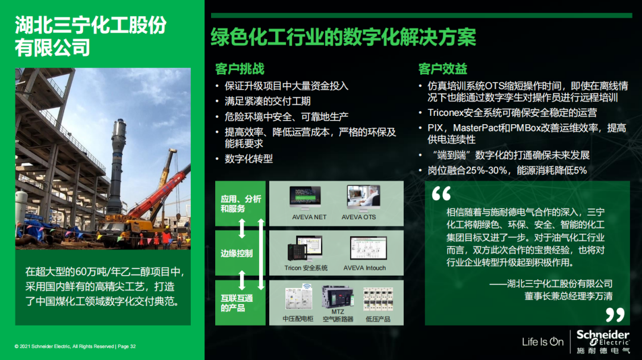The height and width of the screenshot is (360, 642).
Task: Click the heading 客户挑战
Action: [x=240, y=69]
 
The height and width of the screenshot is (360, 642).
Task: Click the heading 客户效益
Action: [x=443, y=69]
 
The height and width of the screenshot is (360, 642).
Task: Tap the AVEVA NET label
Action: [x=309, y=217]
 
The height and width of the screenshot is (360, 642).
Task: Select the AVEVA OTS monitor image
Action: [x=363, y=198]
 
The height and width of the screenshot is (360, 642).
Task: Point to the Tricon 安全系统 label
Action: [x=306, y=268]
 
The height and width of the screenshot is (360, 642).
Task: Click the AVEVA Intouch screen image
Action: [x=368, y=248]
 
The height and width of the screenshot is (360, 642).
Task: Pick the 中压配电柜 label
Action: [x=298, y=318]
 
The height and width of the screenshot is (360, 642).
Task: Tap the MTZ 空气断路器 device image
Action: [x=338, y=296]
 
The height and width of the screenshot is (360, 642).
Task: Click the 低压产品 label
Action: [x=377, y=318]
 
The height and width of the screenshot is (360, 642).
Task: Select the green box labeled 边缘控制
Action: [x=240, y=253]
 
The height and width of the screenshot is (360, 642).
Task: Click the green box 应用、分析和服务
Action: [x=240, y=203]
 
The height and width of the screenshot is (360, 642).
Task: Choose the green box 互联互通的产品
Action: [x=240, y=303]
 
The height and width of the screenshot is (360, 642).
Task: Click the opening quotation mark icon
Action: [x=441, y=194]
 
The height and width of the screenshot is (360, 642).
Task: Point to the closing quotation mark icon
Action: [x=615, y=315]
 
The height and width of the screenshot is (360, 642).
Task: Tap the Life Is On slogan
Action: [x=543, y=342]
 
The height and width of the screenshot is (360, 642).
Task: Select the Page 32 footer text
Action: [x=127, y=346]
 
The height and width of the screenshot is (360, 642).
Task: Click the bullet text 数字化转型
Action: [x=248, y=159]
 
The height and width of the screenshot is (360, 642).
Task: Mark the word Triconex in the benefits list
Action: [x=445, y=112]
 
